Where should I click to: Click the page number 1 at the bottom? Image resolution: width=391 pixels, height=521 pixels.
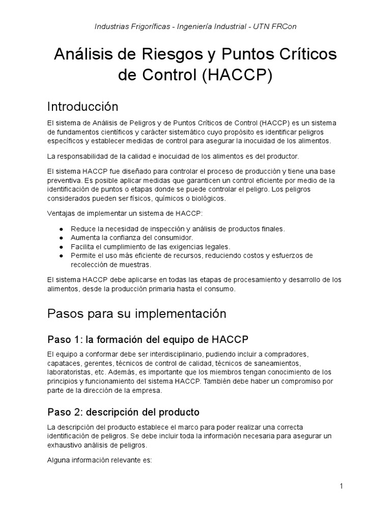[342, 486]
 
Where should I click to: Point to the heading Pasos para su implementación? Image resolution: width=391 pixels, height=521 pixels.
[136, 314]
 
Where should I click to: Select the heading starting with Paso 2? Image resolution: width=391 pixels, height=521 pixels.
[123, 412]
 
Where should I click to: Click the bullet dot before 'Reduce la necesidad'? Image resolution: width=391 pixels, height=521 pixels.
[61, 228]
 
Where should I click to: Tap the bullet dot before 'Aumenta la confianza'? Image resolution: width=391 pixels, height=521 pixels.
[61, 238]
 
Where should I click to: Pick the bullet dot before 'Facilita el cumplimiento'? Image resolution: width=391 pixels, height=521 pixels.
[61, 247]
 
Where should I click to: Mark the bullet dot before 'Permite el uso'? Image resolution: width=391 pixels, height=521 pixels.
[61, 255]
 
